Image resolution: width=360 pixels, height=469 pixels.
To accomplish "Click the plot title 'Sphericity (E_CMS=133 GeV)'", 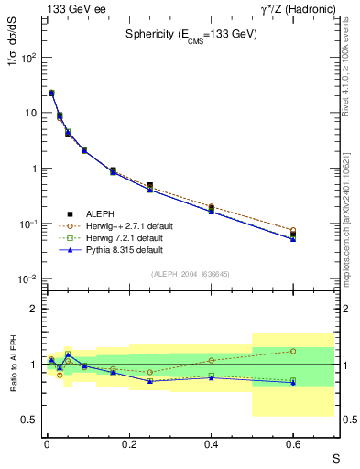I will [192, 35].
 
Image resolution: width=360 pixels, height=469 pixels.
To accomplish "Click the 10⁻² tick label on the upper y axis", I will [27, 279].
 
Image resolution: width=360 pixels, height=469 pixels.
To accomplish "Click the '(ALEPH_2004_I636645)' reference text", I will [192, 273].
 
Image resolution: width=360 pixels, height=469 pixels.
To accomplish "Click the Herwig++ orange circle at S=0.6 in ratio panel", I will [293, 351].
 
